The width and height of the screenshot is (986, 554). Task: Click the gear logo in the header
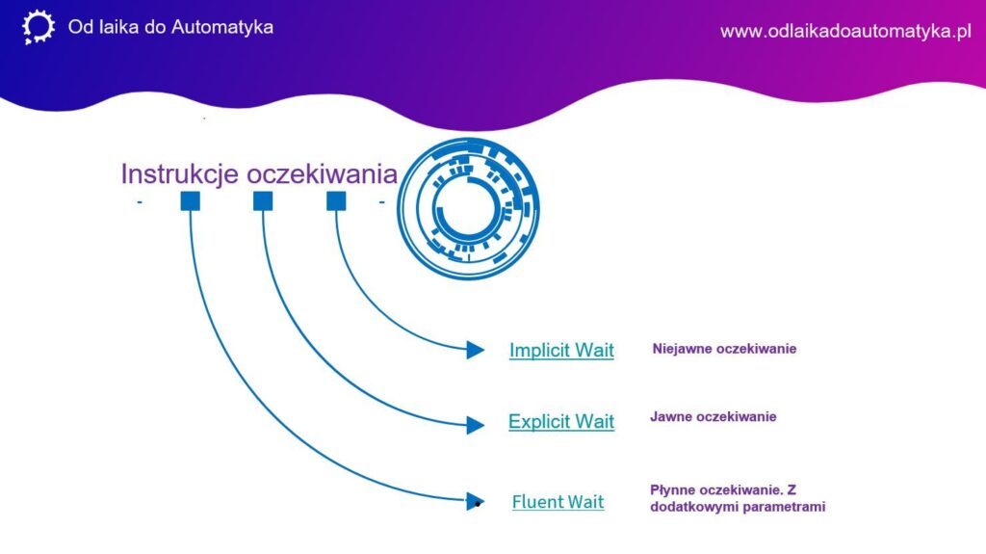click(39, 27)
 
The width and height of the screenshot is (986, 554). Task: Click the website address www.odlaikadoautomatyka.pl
click(845, 32)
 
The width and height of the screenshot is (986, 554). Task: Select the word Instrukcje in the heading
click(180, 174)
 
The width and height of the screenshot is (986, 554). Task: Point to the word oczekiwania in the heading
click(322, 174)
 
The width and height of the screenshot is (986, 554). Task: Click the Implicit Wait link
click(561, 350)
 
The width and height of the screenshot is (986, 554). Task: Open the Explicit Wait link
click(561, 421)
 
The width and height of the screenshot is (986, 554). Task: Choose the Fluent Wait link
click(558, 502)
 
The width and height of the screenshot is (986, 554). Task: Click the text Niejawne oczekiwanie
click(724, 349)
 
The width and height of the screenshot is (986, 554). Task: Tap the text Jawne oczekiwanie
click(714, 417)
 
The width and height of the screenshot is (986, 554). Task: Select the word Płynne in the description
click(672, 490)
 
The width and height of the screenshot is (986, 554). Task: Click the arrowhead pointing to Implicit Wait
click(476, 350)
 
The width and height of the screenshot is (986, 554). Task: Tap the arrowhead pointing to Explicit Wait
click(476, 425)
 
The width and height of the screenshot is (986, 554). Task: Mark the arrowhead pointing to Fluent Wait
click(476, 501)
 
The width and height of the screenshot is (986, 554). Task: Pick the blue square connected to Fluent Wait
click(190, 201)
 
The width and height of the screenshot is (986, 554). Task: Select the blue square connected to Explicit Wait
click(263, 201)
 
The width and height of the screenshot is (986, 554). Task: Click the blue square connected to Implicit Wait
click(336, 201)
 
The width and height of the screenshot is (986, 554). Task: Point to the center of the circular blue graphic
click(468, 208)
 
